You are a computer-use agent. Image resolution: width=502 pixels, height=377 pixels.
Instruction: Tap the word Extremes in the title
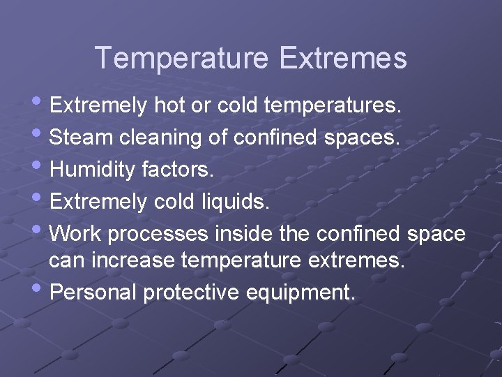[342, 58]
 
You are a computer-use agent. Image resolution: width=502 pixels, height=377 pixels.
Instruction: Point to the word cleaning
[161, 138]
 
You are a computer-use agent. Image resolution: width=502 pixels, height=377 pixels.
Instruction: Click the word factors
[181, 170]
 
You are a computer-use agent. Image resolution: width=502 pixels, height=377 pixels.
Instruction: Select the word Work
[76, 233]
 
